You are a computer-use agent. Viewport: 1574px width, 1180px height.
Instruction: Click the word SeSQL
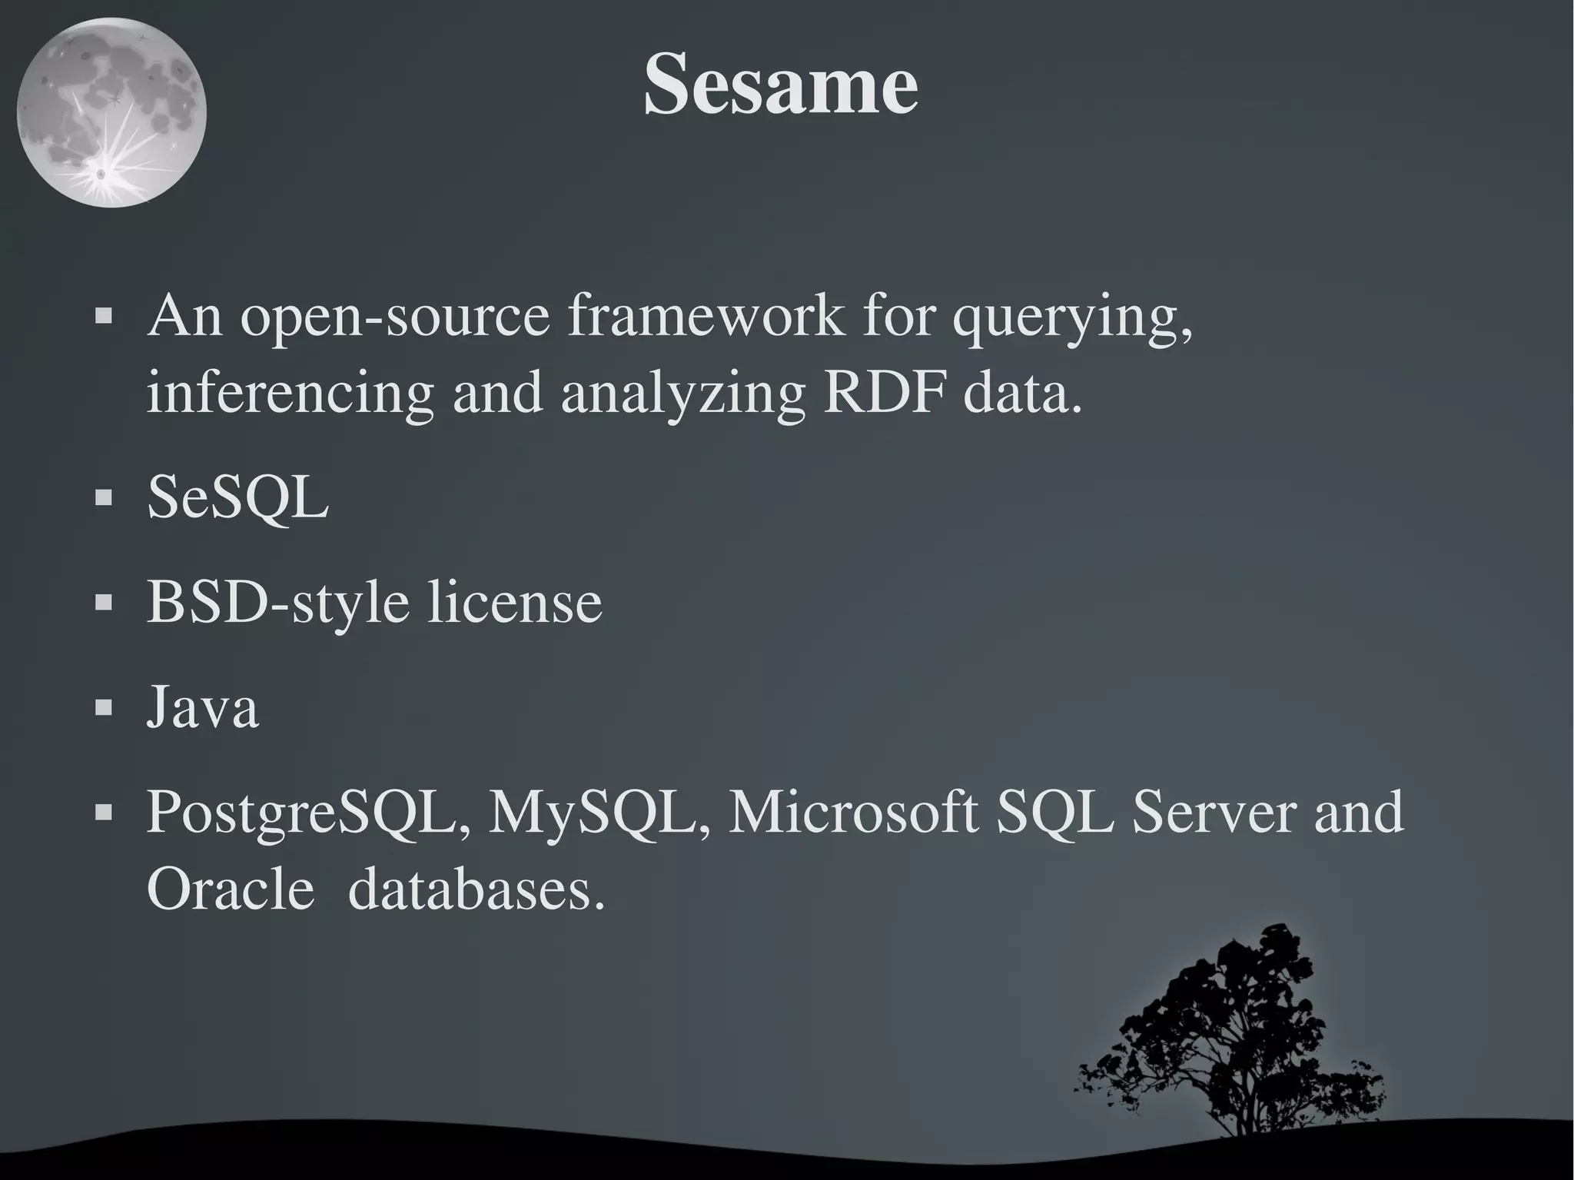coord(238,497)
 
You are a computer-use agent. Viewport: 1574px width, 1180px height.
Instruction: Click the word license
coord(515,602)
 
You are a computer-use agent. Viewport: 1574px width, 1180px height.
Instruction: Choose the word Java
coord(203,707)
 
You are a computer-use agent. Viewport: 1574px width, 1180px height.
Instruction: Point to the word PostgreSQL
coord(308,813)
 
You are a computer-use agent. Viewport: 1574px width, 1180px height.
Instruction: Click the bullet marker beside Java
coord(104,707)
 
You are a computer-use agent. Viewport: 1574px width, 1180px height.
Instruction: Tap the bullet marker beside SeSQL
coord(104,498)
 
